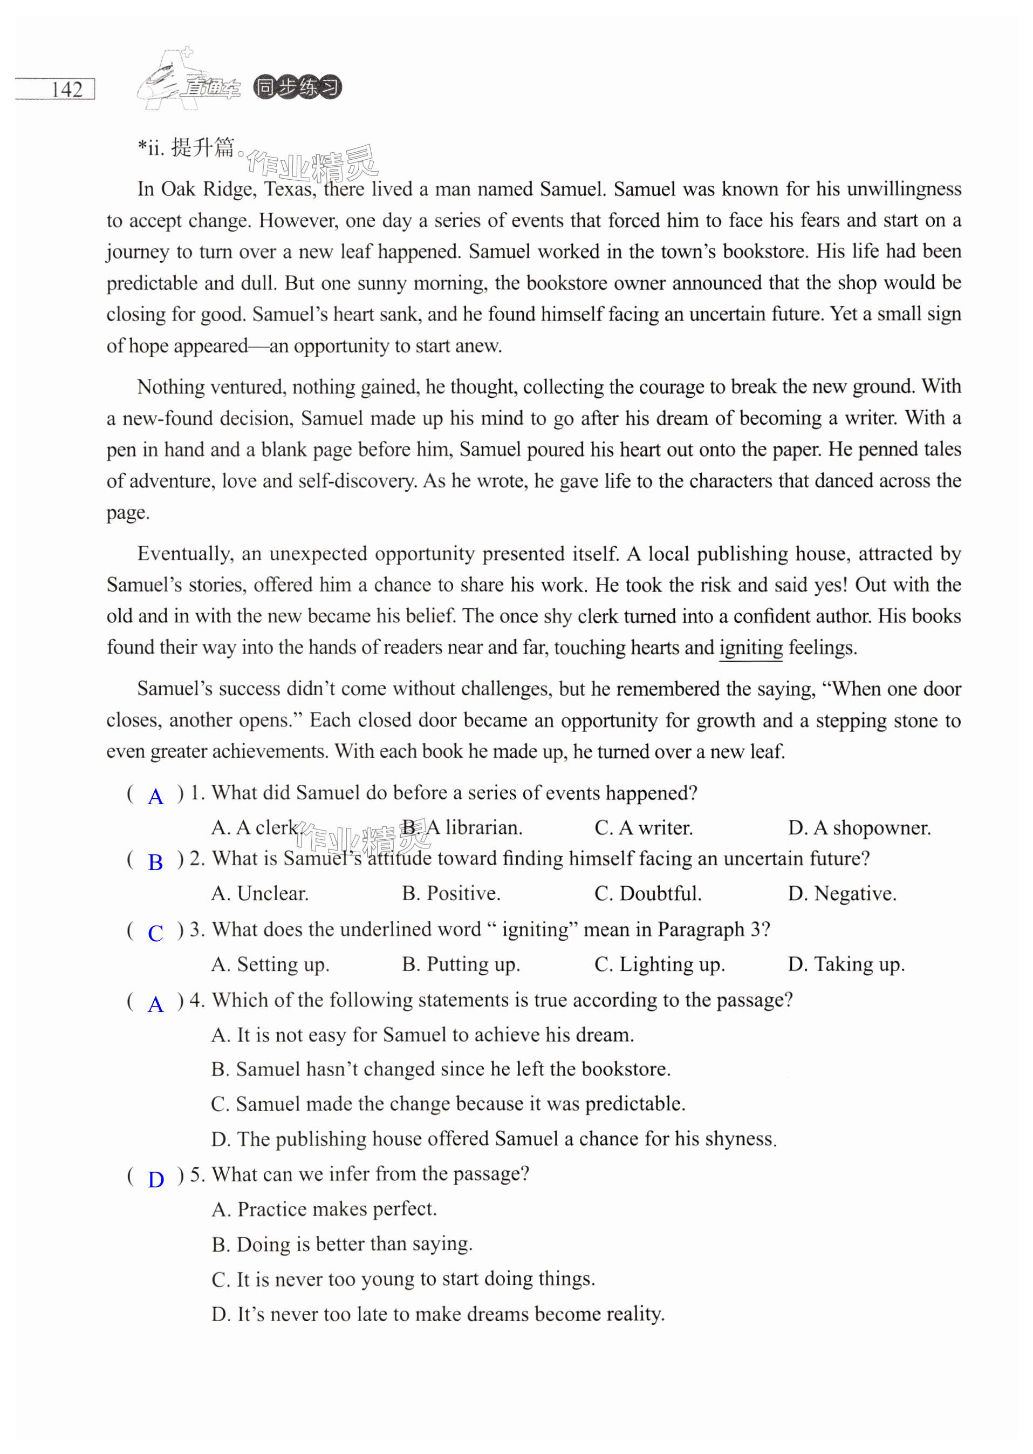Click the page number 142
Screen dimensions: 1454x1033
click(67, 89)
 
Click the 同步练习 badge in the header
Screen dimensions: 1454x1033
click(297, 87)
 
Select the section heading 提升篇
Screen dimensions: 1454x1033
click(203, 148)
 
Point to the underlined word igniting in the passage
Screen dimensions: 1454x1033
click(750, 648)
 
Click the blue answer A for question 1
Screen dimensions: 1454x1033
click(155, 797)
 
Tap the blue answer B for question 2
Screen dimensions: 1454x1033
click(155, 863)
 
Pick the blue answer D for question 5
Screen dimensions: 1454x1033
click(155, 1180)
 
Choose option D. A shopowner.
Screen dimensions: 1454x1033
click(859, 828)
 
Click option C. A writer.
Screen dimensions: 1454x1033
click(643, 828)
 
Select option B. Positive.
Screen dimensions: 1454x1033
click(451, 893)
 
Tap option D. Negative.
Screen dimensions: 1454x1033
click(842, 893)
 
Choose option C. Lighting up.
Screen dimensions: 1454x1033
click(659, 964)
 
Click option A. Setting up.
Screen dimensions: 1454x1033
click(270, 964)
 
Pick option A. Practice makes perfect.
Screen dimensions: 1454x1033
click(324, 1209)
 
